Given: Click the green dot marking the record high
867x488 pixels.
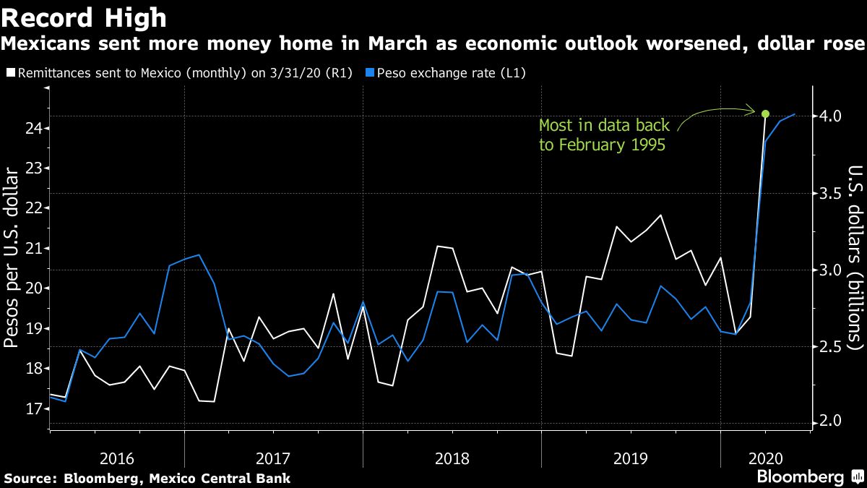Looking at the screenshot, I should click(x=765, y=114).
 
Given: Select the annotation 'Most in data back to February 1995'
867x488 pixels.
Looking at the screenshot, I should click(x=604, y=135).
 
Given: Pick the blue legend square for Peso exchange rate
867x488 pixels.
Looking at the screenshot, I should click(x=371, y=73).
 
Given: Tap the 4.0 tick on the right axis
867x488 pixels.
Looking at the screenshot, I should click(x=829, y=116).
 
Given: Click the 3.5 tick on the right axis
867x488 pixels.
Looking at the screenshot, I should click(x=829, y=193).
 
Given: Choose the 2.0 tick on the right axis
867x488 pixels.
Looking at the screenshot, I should click(x=829, y=422).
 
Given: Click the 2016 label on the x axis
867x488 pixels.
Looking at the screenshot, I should click(x=116, y=458).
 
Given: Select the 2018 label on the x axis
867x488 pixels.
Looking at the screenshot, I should click(x=452, y=458).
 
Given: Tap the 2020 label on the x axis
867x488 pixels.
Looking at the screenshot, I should click(x=765, y=458).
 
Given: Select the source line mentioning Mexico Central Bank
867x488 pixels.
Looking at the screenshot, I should click(x=147, y=478).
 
